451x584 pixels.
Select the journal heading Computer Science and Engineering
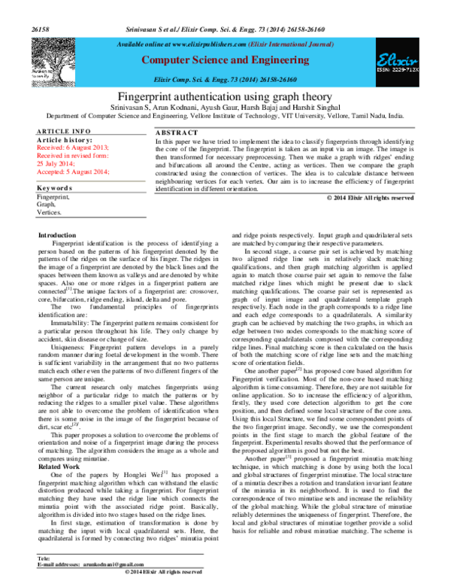(x=222, y=59)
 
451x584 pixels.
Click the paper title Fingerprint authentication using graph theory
(x=225, y=97)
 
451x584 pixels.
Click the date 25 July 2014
(x=57, y=163)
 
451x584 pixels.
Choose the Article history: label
(x=64, y=139)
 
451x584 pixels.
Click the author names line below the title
(x=225, y=108)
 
